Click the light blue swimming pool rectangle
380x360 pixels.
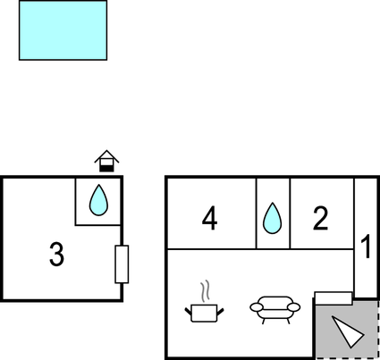click(63, 30)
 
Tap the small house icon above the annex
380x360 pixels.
click(106, 161)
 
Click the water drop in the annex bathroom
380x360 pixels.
click(98, 200)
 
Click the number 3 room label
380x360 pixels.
click(56, 254)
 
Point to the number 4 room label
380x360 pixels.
click(209, 219)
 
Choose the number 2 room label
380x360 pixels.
click(321, 218)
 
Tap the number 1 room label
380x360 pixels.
click(366, 247)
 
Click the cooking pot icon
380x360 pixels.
click(204, 313)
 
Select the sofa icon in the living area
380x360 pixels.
click(274, 310)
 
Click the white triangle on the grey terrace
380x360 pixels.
click(346, 331)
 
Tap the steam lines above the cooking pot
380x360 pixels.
click(205, 290)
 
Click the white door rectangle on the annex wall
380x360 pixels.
click(122, 264)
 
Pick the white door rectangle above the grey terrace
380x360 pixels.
click(334, 298)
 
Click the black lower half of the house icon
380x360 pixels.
click(106, 168)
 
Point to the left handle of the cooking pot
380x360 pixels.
click(188, 312)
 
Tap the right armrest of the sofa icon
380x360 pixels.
click(293, 307)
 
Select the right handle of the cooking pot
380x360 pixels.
click(220, 312)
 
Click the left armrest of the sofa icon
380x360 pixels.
click(257, 307)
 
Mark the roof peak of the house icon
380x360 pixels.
click(106, 151)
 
